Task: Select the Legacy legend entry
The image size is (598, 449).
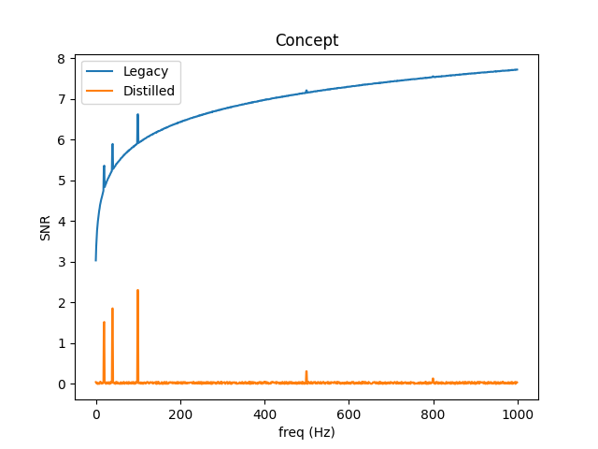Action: [x=144, y=71]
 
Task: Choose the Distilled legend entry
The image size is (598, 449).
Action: [x=149, y=91]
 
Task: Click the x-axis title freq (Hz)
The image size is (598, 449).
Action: [x=306, y=432]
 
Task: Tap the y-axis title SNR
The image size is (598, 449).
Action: [x=46, y=227]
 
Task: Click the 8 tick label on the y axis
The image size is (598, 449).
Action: [x=61, y=59]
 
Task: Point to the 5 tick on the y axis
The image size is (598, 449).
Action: [x=61, y=181]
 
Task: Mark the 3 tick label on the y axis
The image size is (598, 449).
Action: [x=61, y=262]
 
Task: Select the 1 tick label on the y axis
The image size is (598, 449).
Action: [x=61, y=343]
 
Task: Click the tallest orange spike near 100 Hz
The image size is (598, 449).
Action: [x=137, y=291]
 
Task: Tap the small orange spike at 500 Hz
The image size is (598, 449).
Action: [x=306, y=371]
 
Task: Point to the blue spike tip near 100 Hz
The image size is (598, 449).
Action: [x=137, y=115]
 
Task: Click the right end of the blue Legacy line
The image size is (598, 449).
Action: [x=517, y=69]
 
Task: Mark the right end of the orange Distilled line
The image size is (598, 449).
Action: [x=517, y=383]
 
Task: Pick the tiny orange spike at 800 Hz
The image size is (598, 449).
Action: [x=433, y=379]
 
